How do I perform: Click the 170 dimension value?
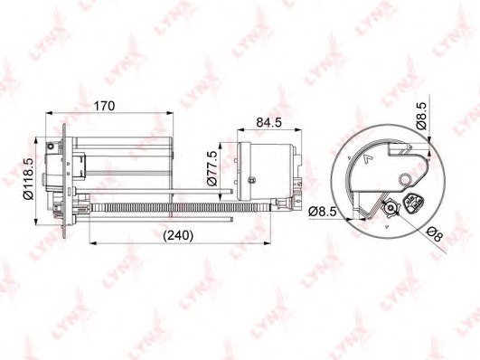[x=104, y=106]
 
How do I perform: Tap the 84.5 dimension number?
[x=268, y=122]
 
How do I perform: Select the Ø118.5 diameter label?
[x=28, y=179]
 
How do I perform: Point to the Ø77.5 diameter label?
[x=212, y=168]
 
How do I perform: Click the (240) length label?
[x=178, y=235]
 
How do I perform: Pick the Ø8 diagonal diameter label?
[x=435, y=234]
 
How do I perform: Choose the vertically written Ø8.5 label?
[x=421, y=116]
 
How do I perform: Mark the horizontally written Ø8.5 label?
[x=323, y=212]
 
